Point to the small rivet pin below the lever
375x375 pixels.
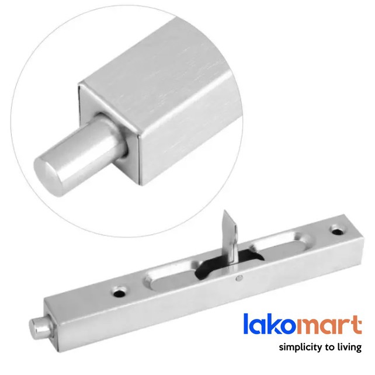(239, 278)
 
